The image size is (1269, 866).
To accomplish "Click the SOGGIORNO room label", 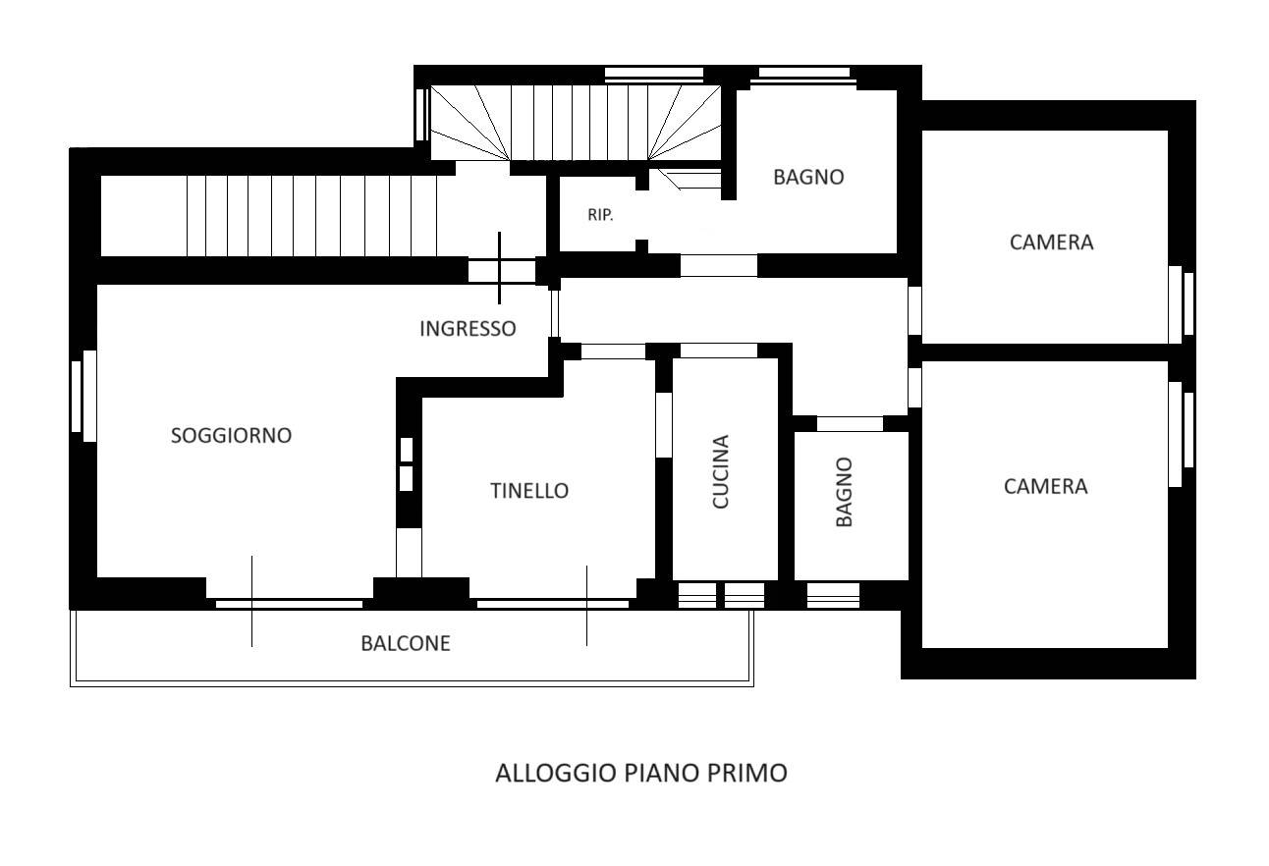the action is tap(231, 436).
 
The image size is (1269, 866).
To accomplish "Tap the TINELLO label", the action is tap(529, 491).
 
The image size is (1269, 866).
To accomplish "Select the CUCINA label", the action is tap(720, 472).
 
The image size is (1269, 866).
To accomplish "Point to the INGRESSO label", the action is tap(468, 329).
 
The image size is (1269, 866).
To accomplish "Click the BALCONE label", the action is tap(406, 643).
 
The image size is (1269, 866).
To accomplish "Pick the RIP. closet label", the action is tap(600, 215).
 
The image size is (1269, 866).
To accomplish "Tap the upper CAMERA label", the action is tap(1052, 243).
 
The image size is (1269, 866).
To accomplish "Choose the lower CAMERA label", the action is tap(1046, 487).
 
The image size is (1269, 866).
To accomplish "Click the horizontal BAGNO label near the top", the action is tap(808, 178).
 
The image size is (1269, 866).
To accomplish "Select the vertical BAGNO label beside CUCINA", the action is tap(844, 492).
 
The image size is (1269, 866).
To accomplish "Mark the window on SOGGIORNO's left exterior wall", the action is tap(83, 396).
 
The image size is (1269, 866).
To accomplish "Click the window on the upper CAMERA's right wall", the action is tap(1182, 304).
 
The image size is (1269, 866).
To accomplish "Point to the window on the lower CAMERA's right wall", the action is tap(1182, 434).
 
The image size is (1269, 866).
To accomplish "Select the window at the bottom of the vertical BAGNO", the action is tap(833, 595).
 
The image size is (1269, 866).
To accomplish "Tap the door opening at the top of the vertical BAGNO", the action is tap(850, 423).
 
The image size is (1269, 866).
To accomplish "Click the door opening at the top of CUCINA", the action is tap(718, 351).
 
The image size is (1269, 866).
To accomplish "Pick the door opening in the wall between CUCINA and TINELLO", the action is tap(663, 425).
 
